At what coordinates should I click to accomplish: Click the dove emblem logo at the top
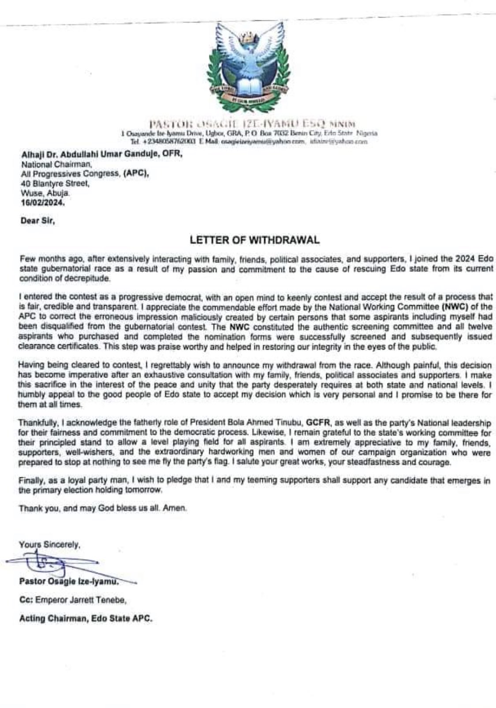(x=248, y=66)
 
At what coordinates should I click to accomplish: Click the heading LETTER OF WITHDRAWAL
(x=254, y=240)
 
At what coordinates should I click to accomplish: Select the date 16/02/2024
(x=43, y=204)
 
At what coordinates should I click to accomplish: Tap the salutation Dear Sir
(x=37, y=222)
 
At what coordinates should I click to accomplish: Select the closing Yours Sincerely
(x=49, y=545)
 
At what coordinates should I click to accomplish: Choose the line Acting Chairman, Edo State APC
(x=86, y=618)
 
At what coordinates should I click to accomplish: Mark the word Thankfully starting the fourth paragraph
(x=37, y=423)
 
